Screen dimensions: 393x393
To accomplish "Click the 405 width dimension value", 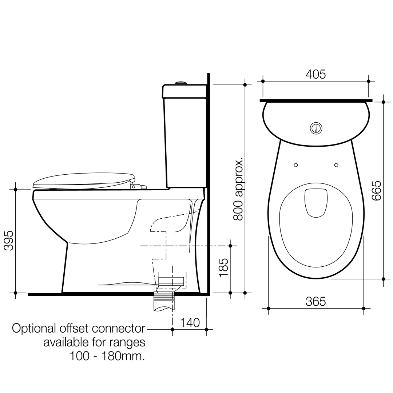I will [x=315, y=74].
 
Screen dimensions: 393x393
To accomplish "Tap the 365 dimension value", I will [x=315, y=302].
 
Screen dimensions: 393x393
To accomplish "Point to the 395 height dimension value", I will [x=8, y=241].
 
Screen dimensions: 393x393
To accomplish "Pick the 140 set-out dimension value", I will [x=189, y=323].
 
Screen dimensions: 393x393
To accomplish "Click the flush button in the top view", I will [x=315, y=128].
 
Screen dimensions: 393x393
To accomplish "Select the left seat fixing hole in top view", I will [x=296, y=165].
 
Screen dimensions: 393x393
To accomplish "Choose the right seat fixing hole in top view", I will [x=336, y=165].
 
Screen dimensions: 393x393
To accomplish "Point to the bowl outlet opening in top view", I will [x=315, y=203].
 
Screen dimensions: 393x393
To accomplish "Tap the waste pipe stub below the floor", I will [x=164, y=303].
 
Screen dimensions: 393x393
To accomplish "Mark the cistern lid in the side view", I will [x=184, y=91].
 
